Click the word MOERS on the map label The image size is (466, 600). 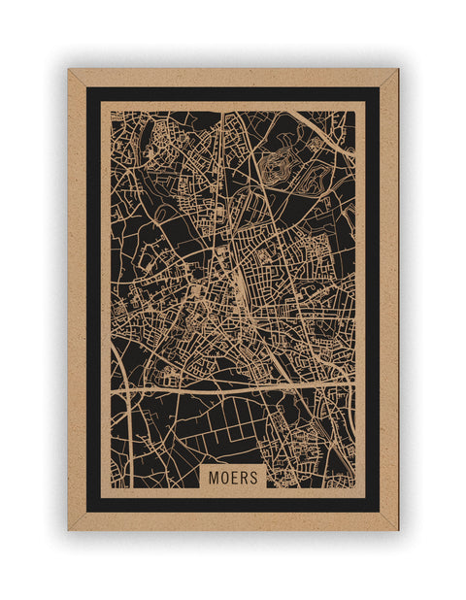[x=233, y=478]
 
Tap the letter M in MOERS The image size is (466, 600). [x=215, y=478]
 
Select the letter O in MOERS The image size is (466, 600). [x=224, y=478]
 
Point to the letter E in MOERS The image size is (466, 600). [x=234, y=478]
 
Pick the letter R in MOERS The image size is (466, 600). [x=243, y=478]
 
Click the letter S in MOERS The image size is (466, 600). [x=252, y=478]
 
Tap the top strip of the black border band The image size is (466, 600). [x=233, y=93]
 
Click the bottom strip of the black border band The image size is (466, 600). [x=233, y=505]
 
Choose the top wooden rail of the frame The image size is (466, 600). [x=233, y=77]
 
